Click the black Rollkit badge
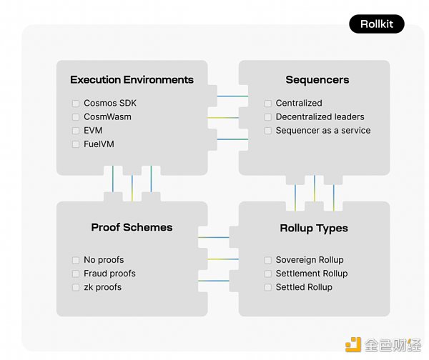pos(376,24)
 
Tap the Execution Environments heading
pos(132,79)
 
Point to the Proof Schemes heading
pos(132,227)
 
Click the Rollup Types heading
pos(314,228)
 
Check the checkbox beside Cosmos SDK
pos(76,104)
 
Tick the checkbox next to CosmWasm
pos(76,117)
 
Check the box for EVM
pos(76,131)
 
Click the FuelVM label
pos(99,144)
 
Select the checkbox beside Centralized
pos(268,104)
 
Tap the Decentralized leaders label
pos(320,117)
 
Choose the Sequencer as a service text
pos(323,131)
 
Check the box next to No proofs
pos(76,260)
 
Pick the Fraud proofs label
pos(109,274)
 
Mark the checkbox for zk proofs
pos(76,287)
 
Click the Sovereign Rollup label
pos(310,260)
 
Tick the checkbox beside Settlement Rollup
pos(268,274)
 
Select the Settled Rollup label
pos(304,287)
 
